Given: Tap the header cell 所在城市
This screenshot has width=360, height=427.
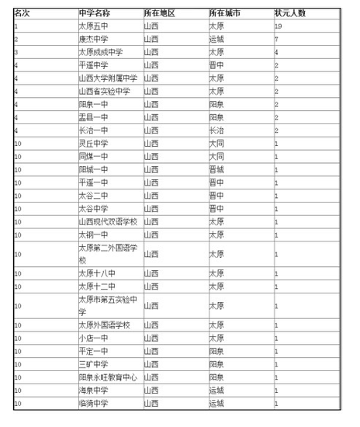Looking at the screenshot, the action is (224, 14).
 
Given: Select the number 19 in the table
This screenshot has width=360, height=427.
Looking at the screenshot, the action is (277, 26).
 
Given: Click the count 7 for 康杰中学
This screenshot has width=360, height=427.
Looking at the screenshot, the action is (275, 39).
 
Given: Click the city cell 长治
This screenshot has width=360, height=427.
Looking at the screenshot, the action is (216, 130).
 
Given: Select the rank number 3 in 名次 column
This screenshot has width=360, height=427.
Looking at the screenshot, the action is (16, 52).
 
